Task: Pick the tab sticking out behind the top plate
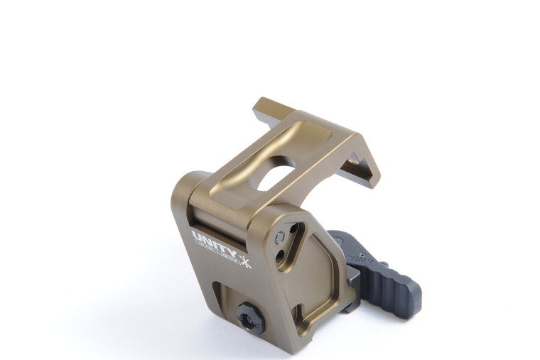click(x=269, y=107)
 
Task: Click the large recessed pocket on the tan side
click(x=313, y=277)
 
